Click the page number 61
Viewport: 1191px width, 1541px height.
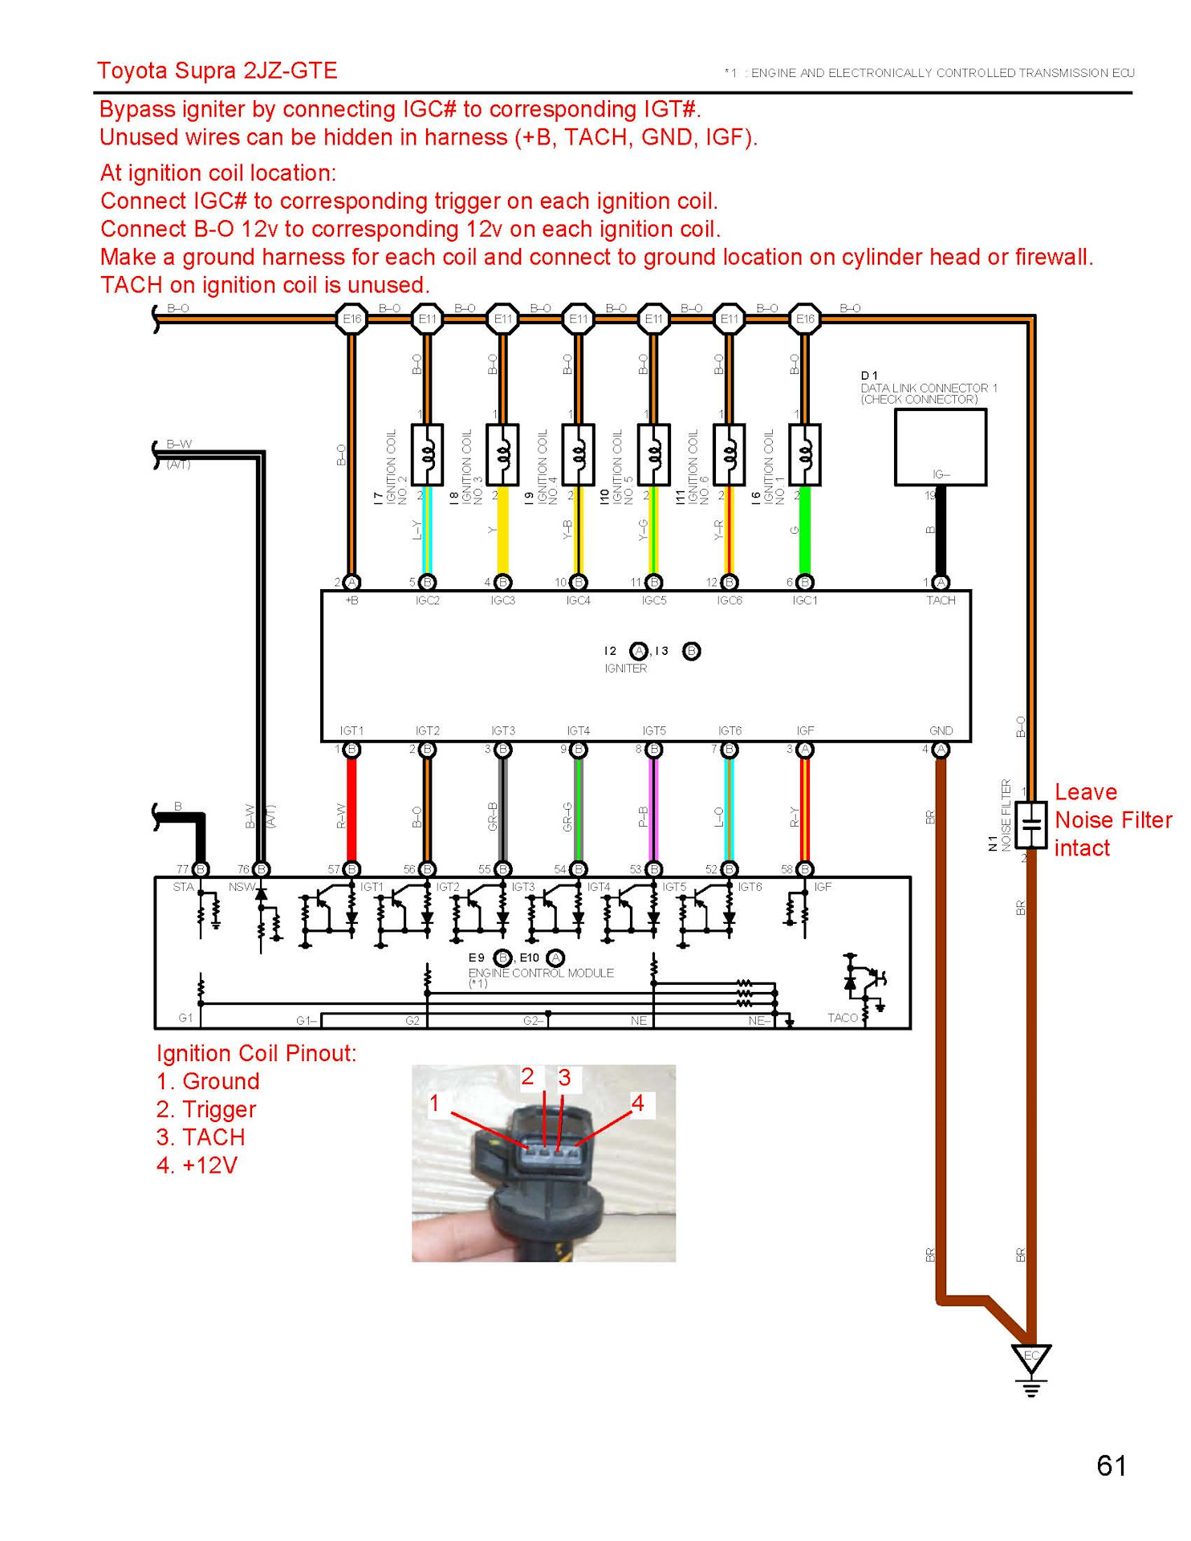pos(1111,1466)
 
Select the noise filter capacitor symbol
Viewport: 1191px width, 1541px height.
pos(1031,824)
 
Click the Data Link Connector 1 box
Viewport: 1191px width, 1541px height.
pos(940,447)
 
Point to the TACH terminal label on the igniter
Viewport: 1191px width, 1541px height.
pos(941,600)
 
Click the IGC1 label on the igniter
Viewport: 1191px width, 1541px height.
pos(804,600)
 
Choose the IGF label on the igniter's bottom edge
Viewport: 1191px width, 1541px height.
pos(805,730)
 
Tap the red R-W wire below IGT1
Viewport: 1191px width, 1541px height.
pos(352,811)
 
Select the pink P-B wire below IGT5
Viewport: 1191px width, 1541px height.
pos(654,811)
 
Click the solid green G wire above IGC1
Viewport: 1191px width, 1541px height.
pos(805,530)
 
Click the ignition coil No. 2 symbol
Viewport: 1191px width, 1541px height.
pos(427,455)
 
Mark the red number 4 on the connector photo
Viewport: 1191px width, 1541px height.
pos(638,1103)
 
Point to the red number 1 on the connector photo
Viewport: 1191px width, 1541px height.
pos(434,1103)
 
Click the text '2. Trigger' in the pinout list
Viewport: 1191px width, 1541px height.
pos(206,1109)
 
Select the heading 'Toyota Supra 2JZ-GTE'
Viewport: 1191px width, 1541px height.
pos(217,71)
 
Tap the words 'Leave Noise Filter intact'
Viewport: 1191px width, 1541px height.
pos(1112,820)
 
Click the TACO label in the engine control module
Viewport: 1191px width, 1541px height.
pos(843,1018)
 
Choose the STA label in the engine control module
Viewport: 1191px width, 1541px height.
pos(183,887)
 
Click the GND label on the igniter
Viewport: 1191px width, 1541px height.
pos(941,730)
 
